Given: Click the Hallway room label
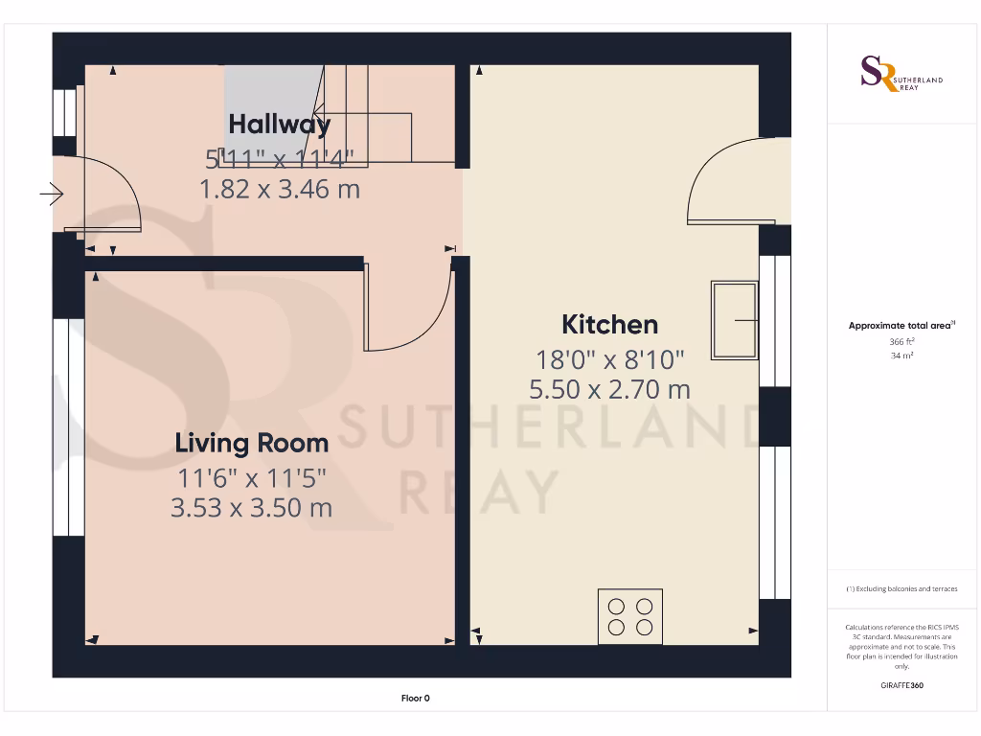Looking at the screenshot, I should (279, 124).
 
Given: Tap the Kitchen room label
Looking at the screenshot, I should (609, 324).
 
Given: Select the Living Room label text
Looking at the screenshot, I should (251, 443).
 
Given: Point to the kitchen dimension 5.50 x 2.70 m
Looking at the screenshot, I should (609, 389).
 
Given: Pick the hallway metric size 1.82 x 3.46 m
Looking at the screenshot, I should (279, 189).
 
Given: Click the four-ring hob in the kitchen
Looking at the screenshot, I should (630, 616).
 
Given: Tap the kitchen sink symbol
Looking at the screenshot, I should (735, 320).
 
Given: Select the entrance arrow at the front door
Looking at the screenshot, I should (52, 196).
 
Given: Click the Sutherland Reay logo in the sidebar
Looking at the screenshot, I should (901, 75).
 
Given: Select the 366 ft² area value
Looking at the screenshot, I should (901, 341).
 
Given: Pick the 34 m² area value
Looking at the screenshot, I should (901, 356).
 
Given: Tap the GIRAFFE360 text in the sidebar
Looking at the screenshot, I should (901, 685).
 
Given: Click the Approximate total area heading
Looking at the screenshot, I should (900, 326).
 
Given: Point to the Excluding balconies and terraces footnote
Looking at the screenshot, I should (901, 588).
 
